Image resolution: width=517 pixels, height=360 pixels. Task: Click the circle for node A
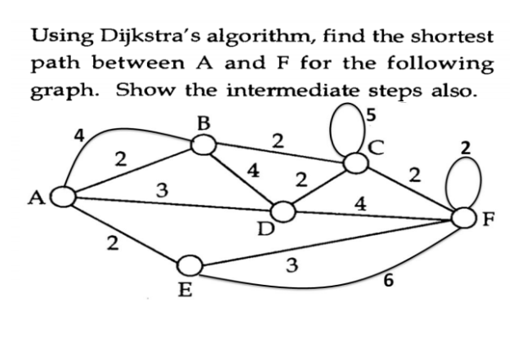click(65, 196)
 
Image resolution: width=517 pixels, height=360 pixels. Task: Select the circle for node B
click(203, 145)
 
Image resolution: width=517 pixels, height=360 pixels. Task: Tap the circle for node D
click(283, 212)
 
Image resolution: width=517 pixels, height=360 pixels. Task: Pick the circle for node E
click(189, 265)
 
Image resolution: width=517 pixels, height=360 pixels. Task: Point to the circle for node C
click(355, 162)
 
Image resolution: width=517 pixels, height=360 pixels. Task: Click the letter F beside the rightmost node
click(489, 218)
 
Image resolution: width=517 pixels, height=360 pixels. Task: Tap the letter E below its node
click(185, 290)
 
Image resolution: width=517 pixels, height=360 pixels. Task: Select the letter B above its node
click(203, 123)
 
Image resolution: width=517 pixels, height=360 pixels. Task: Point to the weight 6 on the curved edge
click(388, 282)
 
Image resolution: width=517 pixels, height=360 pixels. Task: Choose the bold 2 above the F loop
click(466, 148)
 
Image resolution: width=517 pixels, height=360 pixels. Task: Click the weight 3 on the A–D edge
click(162, 190)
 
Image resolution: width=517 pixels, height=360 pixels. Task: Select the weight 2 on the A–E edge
click(114, 242)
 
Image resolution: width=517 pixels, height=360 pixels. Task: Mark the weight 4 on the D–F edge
click(359, 202)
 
